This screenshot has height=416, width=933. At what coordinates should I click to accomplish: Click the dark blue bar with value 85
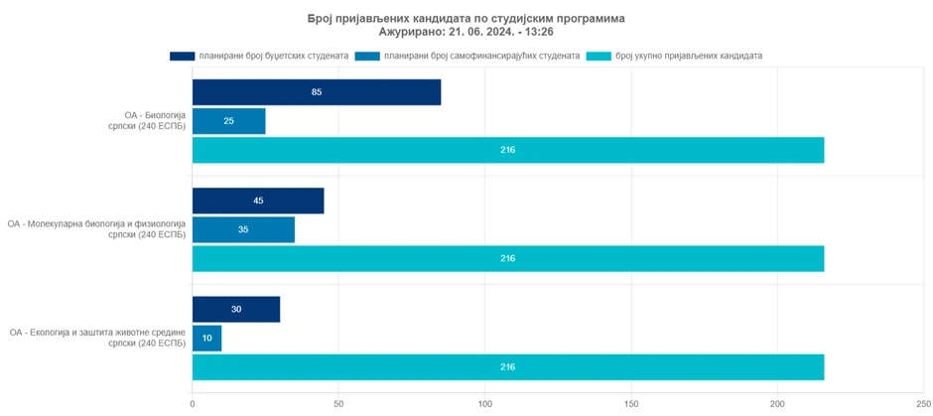tap(316, 92)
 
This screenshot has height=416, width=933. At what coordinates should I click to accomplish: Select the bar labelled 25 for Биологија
tap(228, 121)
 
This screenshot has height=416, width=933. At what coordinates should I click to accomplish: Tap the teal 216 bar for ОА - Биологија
tap(507, 150)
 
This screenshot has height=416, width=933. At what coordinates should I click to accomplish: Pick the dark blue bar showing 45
tap(257, 201)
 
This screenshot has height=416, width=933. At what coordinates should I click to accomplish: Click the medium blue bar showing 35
tap(243, 229)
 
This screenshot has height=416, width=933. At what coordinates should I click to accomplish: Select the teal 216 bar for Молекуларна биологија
tap(507, 258)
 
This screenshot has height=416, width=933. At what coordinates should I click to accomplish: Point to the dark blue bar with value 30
tap(235, 309)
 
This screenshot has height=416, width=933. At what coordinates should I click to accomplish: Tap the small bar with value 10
tap(206, 339)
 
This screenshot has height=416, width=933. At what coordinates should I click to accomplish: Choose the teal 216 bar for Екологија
tap(507, 367)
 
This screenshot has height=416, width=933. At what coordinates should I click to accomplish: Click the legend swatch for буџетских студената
tap(182, 56)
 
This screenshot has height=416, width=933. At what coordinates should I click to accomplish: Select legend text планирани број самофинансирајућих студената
tap(481, 56)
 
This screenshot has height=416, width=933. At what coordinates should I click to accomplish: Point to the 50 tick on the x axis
tap(338, 403)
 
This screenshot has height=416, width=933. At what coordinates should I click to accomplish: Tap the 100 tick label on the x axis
tap(484, 403)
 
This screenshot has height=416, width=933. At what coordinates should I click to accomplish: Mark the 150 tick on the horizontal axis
tap(631, 403)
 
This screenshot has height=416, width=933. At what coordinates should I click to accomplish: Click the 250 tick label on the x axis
tap(923, 403)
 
